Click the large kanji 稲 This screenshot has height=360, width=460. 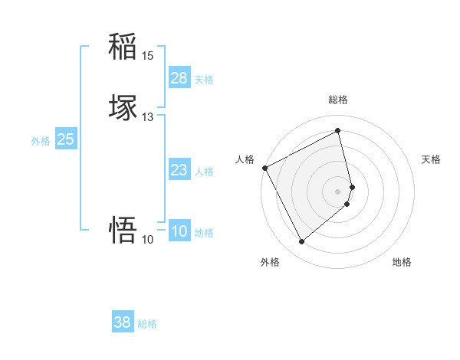click(x=123, y=47)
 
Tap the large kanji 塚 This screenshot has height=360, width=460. click(x=123, y=107)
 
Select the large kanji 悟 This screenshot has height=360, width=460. click(x=123, y=229)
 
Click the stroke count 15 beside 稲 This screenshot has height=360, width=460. click(x=148, y=56)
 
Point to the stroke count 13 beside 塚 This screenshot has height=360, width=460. click(x=148, y=117)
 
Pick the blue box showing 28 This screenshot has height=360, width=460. click(x=179, y=78)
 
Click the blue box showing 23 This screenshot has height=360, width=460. click(x=179, y=170)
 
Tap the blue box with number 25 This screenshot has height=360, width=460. click(x=66, y=139)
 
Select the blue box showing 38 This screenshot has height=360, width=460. click(x=123, y=322)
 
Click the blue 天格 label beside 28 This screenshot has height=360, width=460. click(x=204, y=80)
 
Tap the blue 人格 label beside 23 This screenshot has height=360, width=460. click(x=204, y=172)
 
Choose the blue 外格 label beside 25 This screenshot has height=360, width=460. click(x=41, y=141)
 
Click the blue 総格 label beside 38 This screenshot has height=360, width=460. click(x=147, y=324)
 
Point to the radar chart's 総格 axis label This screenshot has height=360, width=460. click(x=338, y=100)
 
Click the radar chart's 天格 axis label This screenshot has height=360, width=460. click(x=432, y=159)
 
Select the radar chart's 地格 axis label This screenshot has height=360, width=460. click(x=402, y=262)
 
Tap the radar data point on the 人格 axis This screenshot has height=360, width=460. click(x=264, y=168)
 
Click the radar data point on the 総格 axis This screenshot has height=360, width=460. click(x=338, y=130)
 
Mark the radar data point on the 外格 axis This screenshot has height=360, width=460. click(x=301, y=242)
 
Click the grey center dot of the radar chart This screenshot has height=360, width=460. click(x=338, y=191)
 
